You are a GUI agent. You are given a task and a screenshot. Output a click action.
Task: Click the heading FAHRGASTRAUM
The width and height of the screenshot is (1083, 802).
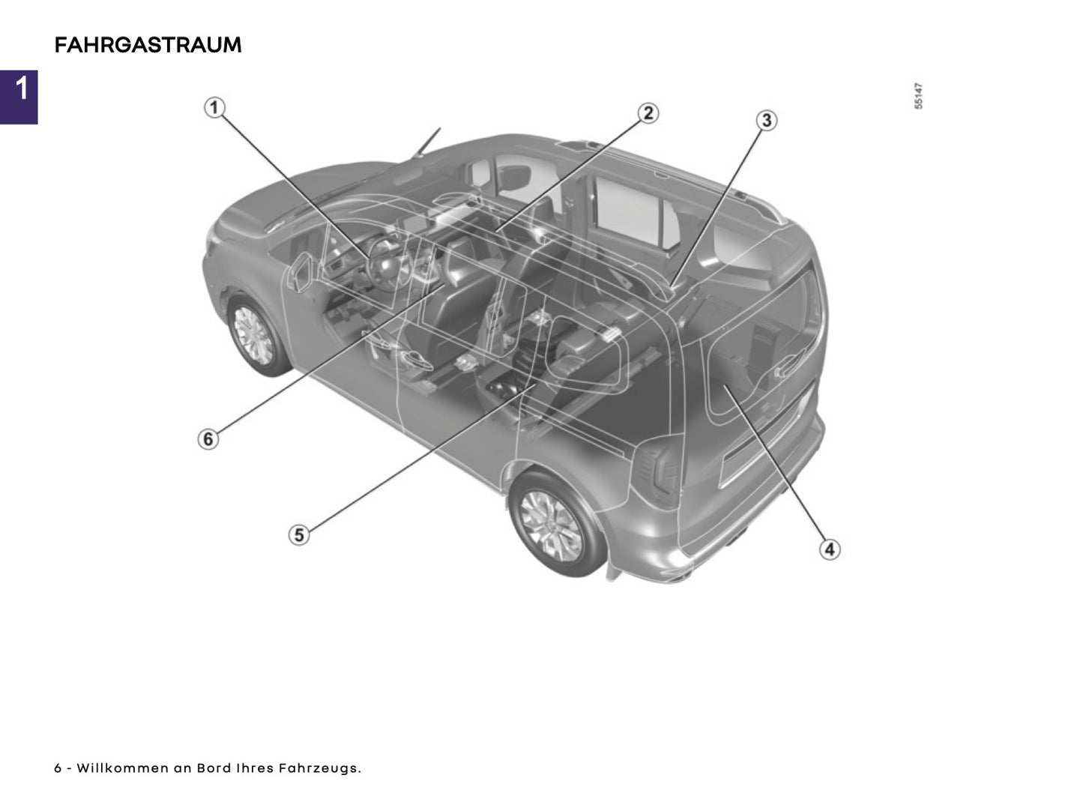coord(148,45)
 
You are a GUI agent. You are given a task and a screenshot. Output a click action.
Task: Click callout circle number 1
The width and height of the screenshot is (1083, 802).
coord(214,108)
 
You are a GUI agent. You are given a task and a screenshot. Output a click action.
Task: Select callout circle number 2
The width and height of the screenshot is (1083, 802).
coord(648,113)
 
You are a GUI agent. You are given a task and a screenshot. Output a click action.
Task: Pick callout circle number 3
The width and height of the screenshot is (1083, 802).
coord(765,120)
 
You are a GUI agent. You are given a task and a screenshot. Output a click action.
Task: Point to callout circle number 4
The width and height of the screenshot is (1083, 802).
coord(829,549)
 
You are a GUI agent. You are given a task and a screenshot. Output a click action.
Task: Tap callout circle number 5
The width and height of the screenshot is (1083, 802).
coord(299,535)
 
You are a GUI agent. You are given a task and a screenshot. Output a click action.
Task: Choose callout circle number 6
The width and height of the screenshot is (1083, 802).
coord(208,438)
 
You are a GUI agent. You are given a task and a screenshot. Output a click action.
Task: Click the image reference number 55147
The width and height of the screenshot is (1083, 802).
coord(919,97)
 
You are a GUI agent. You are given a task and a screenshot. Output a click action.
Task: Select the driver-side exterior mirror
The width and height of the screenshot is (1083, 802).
coord(301,271)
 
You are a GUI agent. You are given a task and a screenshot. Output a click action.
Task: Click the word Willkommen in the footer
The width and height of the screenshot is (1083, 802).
coord(123,768)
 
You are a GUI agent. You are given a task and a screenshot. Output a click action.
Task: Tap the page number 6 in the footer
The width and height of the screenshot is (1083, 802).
coord(58,768)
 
